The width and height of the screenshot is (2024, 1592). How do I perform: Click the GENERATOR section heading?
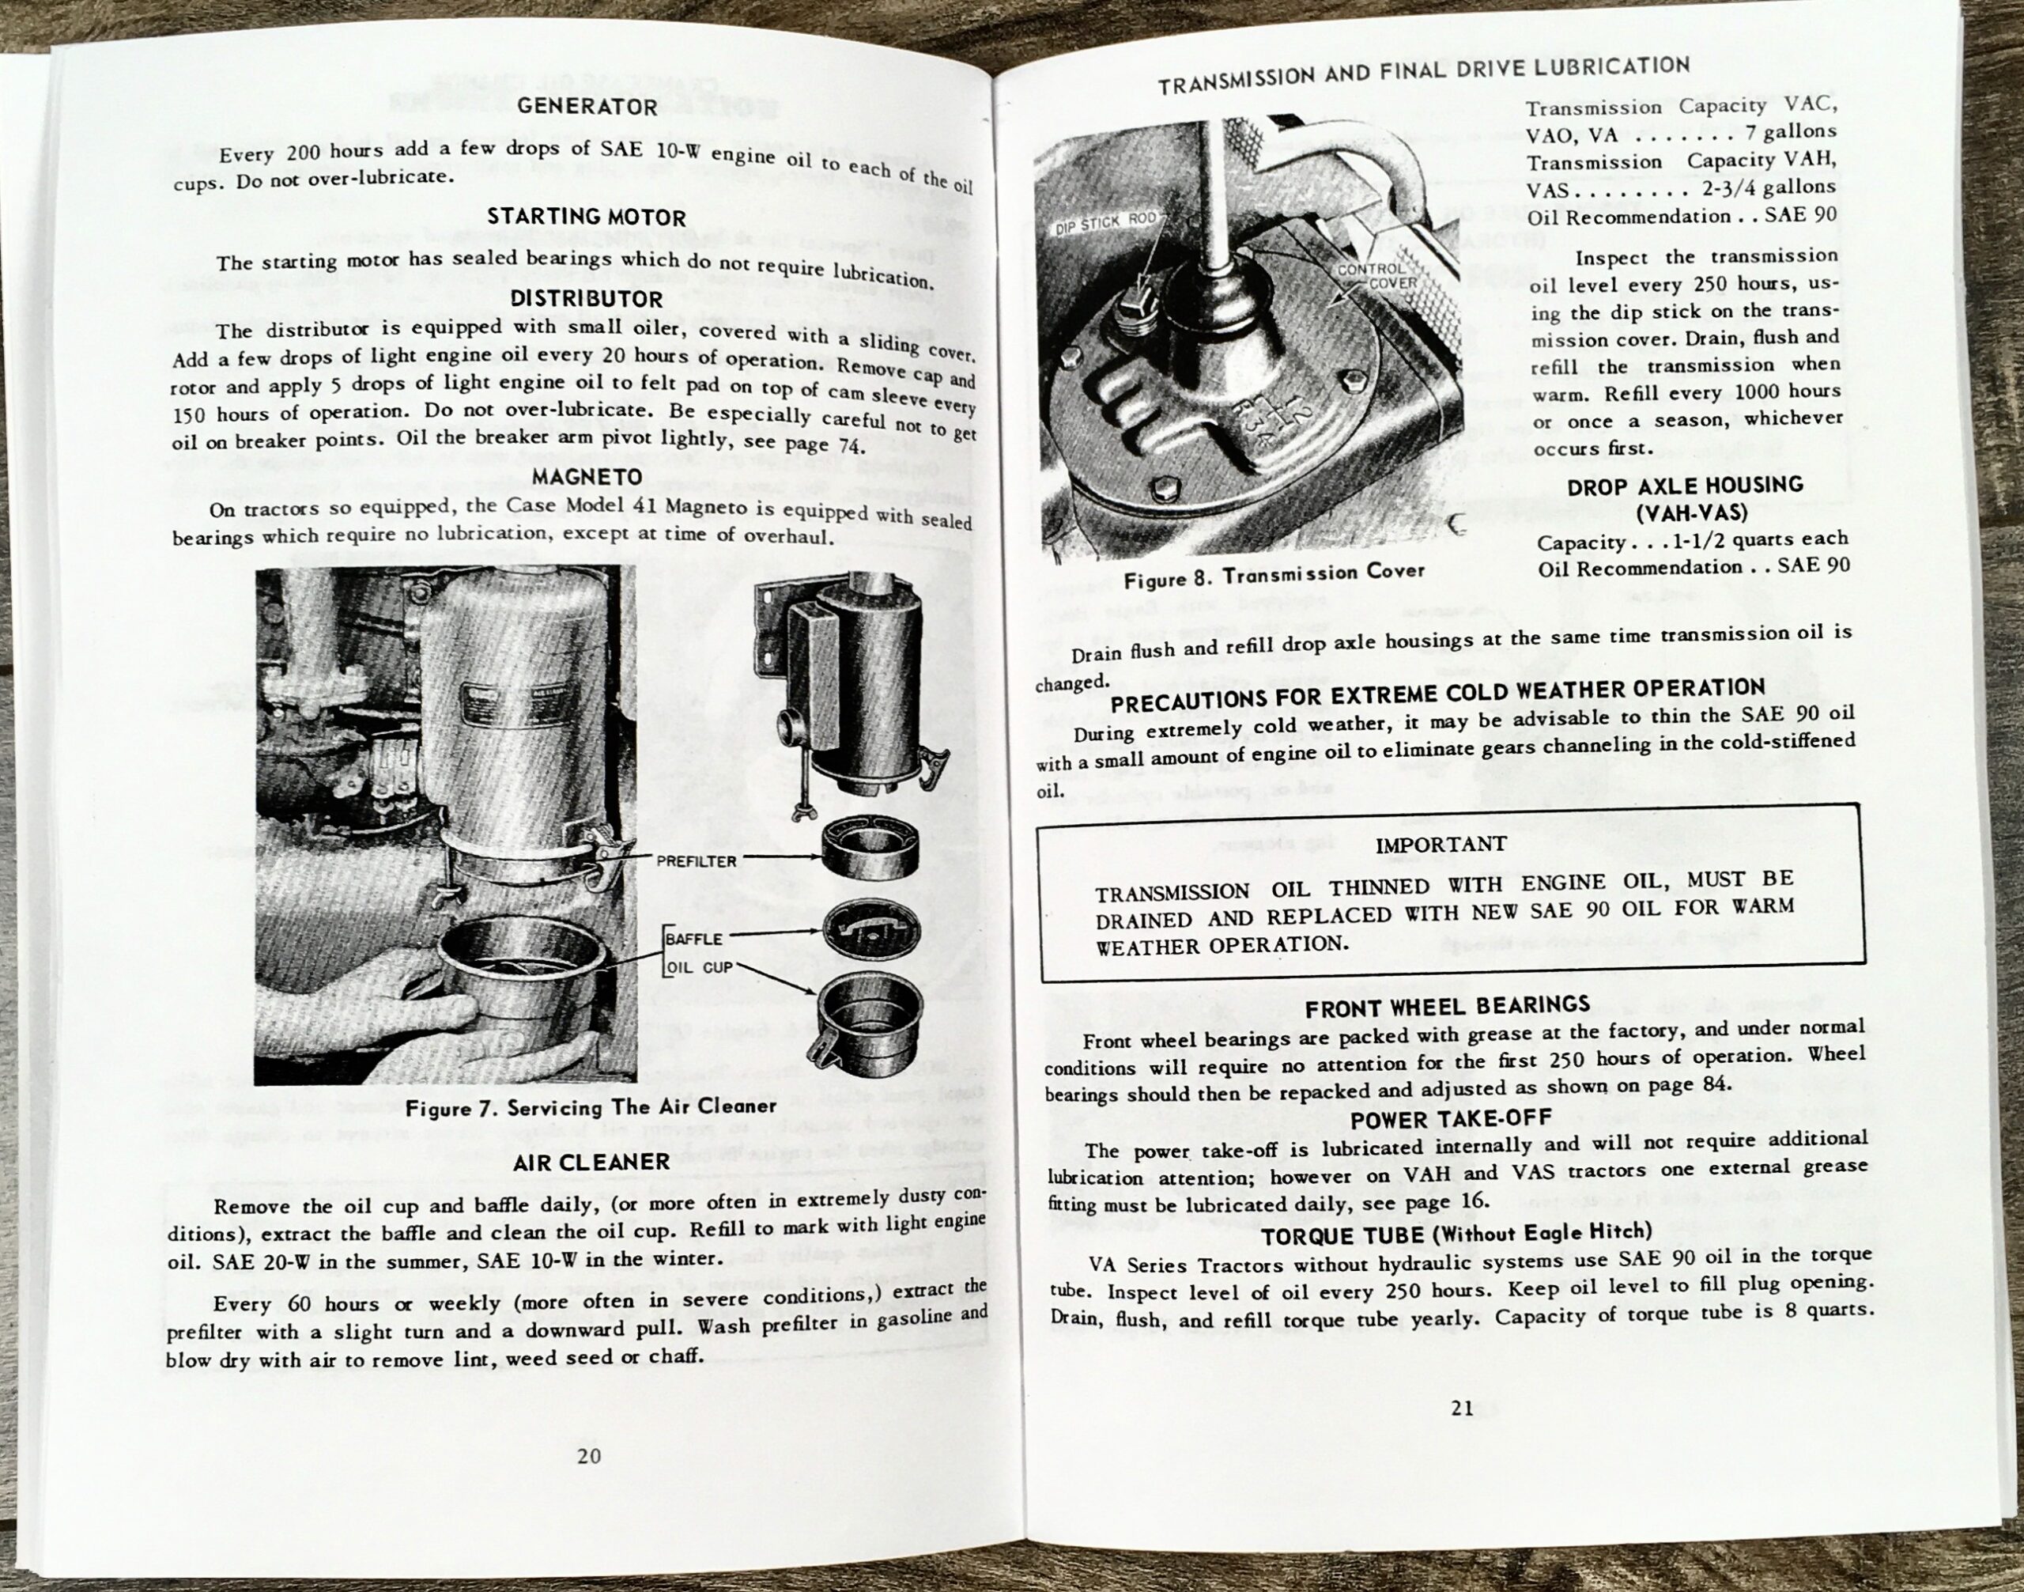pos(587,106)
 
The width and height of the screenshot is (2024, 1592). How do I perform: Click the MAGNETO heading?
pos(587,476)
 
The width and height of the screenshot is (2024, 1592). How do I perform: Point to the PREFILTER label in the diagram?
pos(695,861)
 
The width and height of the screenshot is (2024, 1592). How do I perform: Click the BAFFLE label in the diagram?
pos(694,939)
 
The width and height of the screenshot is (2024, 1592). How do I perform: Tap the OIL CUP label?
pos(699,967)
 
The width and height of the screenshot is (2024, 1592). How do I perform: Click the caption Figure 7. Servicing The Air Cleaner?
pos(591,1107)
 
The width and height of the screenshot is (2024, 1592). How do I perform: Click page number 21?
pos(1462,1409)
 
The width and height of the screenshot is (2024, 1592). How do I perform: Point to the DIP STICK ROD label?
pos(1107,224)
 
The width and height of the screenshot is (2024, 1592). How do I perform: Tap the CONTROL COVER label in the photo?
pos(1377,276)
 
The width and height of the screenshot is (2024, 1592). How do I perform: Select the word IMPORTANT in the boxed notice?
pos(1441,845)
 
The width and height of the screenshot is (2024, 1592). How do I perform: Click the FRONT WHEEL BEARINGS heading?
pos(1447,1007)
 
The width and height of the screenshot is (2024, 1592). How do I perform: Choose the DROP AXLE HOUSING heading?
pos(1684,486)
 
